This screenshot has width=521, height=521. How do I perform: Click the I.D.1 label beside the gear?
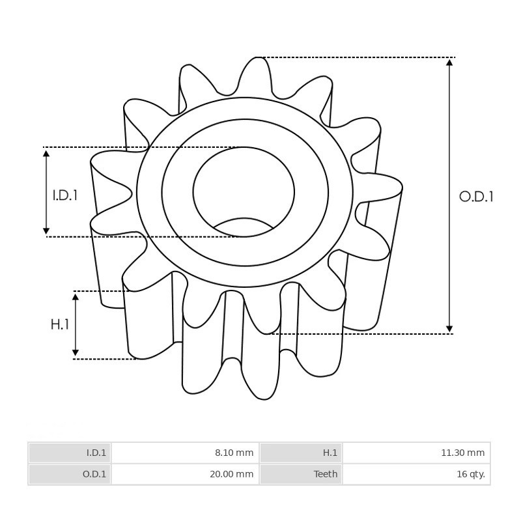65,195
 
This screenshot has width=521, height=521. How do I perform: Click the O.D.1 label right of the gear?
476,197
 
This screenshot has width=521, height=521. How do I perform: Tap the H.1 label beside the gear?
60,324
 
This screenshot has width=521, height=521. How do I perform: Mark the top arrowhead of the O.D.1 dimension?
449,63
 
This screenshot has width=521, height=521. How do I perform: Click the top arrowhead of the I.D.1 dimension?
46,154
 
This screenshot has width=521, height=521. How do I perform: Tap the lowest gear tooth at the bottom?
263,394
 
